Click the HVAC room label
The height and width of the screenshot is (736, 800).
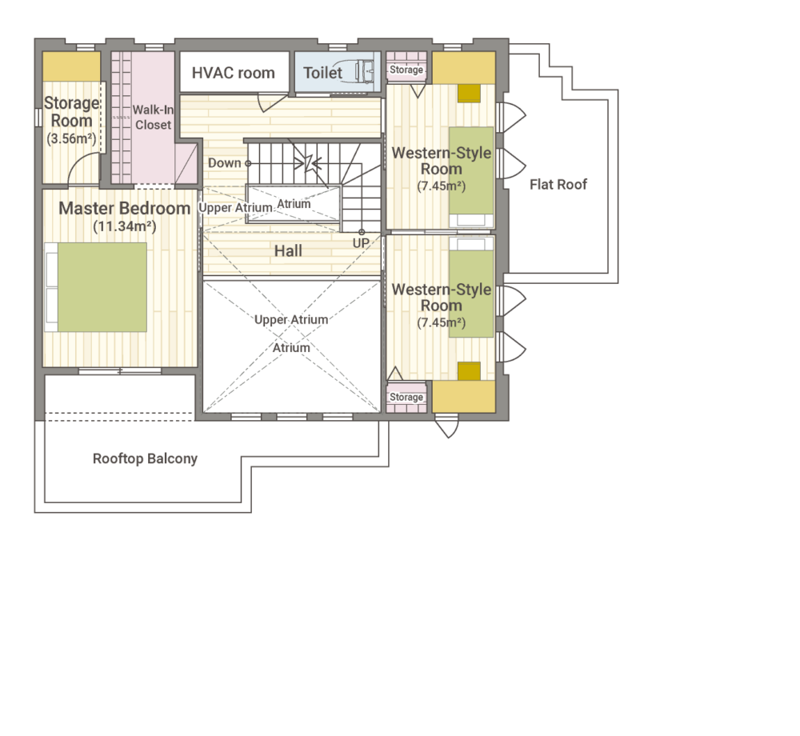pyautogui.click(x=233, y=73)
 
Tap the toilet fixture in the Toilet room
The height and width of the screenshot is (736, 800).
pyautogui.click(x=362, y=71)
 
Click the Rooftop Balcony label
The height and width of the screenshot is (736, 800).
pyautogui.click(x=145, y=458)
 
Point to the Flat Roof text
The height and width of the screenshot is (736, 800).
pyautogui.click(x=558, y=184)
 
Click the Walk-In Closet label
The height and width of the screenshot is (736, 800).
pyautogui.click(x=153, y=118)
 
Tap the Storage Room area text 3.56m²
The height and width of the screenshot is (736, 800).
pyautogui.click(x=71, y=138)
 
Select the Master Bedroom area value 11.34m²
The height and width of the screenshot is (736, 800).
pyautogui.click(x=125, y=226)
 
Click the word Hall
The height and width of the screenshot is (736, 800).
pyautogui.click(x=288, y=250)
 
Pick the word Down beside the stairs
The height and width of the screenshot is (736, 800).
pyautogui.click(x=225, y=162)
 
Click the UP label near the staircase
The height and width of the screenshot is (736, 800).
pyautogui.click(x=361, y=243)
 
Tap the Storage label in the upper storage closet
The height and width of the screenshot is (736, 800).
pyautogui.click(x=406, y=70)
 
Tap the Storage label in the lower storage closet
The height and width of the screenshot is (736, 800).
pyautogui.click(x=406, y=397)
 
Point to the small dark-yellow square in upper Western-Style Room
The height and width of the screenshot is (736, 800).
pyautogui.click(x=469, y=94)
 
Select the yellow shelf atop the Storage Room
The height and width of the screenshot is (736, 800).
pyautogui.click(x=71, y=66)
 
